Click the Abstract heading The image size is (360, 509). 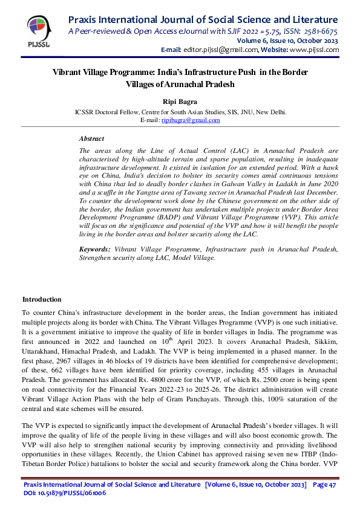[91, 138]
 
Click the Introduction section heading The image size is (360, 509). [42, 299]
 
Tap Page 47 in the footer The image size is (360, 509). [325, 485]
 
